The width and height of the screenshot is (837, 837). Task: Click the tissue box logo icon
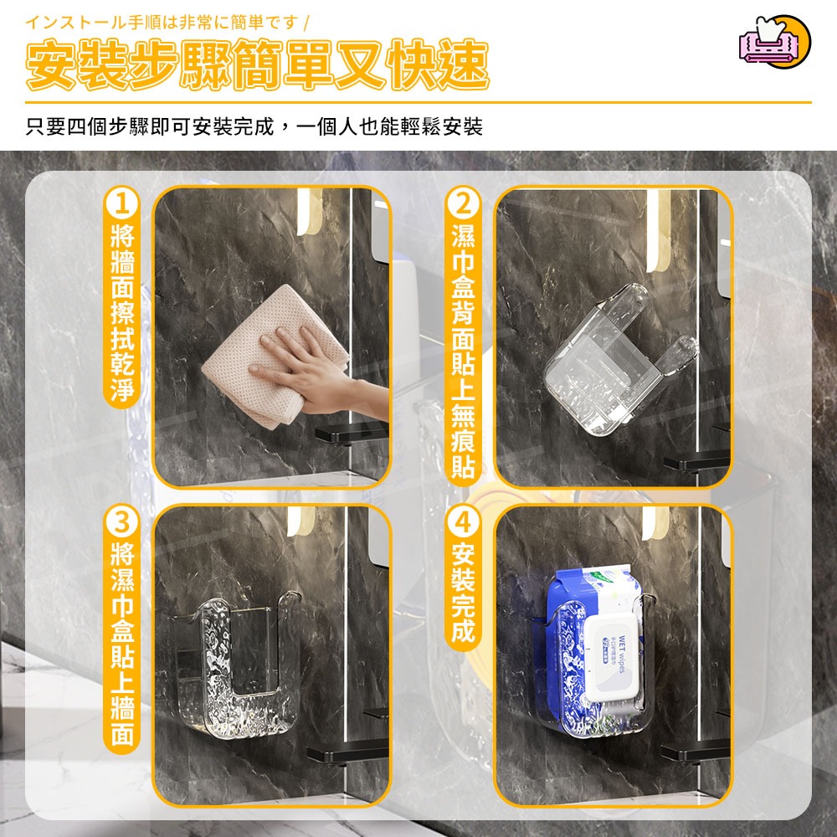774,42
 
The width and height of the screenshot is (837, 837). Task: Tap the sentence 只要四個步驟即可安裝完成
254,127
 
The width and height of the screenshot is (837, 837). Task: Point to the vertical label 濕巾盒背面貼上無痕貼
462,352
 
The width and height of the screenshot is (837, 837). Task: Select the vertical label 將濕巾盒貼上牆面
122,644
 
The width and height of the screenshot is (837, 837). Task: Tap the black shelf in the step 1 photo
352,433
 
